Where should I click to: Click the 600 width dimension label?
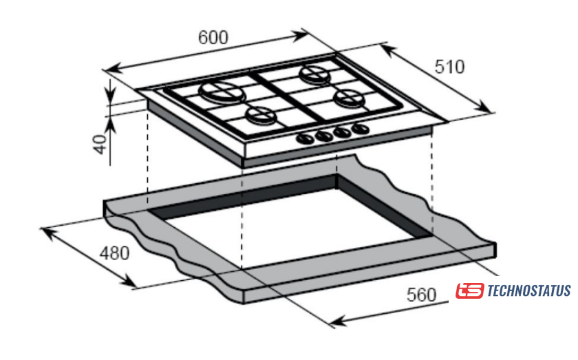tap(213, 37)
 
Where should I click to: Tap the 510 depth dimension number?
tap(449, 67)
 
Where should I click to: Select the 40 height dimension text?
tap(100, 144)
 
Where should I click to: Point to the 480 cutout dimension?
tap(115, 253)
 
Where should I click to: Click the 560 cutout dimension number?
tap(421, 295)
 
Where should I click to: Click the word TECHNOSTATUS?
tap(529, 290)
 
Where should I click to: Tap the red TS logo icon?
tap(469, 290)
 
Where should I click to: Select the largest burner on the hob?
tap(222, 93)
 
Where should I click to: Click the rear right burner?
tap(315, 74)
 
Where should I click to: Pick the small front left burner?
tap(261, 116)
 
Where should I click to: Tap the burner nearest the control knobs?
tap(348, 98)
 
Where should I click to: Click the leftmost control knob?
tap(304, 138)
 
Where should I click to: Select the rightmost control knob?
tap(360, 129)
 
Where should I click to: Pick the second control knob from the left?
tap(323, 136)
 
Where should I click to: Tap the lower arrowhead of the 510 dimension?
tap(483, 107)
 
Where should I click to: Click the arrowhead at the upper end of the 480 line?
tap(48, 233)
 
